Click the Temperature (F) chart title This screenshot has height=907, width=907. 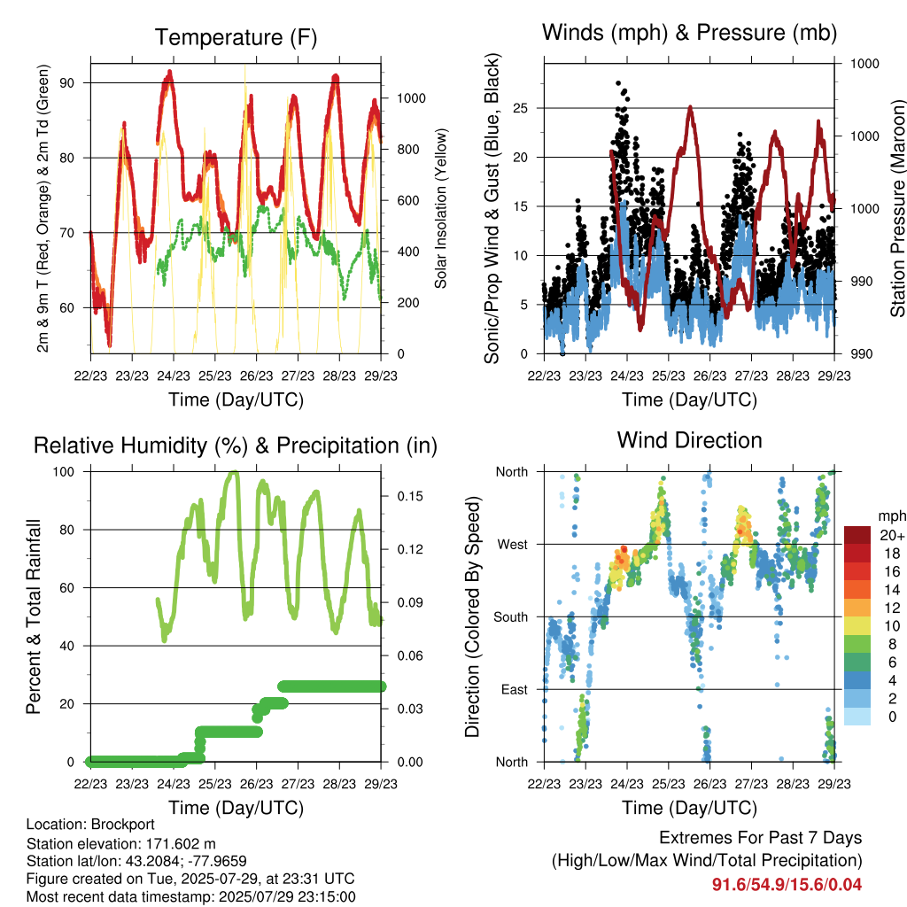236,37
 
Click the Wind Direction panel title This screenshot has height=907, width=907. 689,440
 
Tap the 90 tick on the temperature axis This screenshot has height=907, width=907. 67,82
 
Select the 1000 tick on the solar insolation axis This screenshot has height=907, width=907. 411,98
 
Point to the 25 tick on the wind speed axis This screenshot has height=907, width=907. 520,108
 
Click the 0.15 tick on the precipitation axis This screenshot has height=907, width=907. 410,496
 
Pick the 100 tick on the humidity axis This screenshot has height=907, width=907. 64,471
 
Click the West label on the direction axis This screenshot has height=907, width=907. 513,545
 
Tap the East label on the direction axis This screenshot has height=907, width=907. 515,689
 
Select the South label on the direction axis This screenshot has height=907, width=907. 511,617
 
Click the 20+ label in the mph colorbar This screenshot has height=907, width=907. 892,535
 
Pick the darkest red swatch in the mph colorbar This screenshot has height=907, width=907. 857,535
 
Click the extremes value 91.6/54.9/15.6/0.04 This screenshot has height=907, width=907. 787,885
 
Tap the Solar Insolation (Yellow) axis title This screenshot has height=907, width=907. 441,208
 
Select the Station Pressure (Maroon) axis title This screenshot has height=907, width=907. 897,208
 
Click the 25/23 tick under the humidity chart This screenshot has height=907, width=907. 215,784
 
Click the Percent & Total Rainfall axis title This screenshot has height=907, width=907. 34,616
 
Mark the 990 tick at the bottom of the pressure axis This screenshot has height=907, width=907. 862,354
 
